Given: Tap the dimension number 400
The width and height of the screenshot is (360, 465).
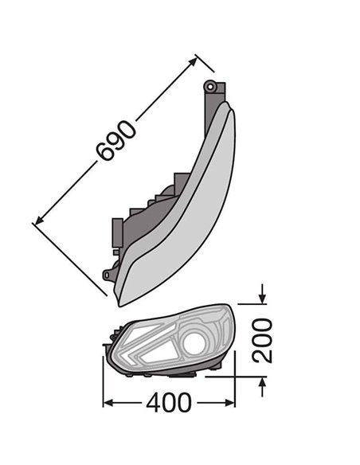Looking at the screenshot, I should [x=168, y=403].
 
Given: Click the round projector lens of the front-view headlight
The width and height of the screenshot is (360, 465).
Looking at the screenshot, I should [x=194, y=343].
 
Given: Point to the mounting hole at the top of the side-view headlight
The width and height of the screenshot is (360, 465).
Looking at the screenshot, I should [x=210, y=85].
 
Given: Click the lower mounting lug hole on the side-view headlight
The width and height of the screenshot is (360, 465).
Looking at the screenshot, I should [x=107, y=275].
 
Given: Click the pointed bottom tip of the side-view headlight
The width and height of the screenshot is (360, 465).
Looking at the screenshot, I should [x=120, y=303].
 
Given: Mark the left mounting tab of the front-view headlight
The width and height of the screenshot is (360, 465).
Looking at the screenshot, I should [x=106, y=346].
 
